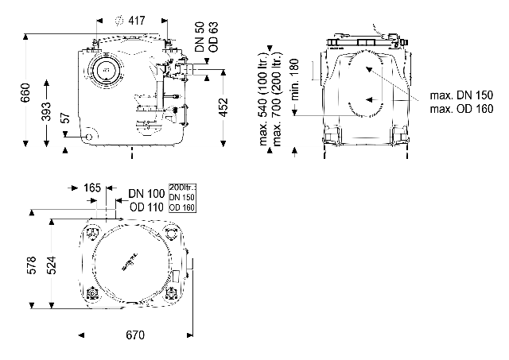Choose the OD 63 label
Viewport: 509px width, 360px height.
tap(214, 39)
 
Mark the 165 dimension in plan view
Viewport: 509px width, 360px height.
tap(92, 188)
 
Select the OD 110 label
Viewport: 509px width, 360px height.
tap(146, 207)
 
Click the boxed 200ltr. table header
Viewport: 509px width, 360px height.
tap(182, 188)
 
